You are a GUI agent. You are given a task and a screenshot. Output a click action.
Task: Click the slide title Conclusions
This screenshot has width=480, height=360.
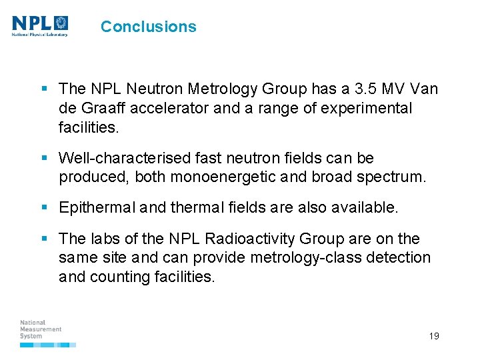[x=148, y=27]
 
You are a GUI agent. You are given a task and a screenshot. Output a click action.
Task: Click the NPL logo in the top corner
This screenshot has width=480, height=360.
[x=40, y=25]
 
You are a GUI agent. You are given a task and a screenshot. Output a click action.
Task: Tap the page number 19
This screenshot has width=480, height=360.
[x=434, y=336]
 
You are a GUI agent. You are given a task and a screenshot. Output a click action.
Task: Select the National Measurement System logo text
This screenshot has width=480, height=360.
[x=41, y=329]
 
